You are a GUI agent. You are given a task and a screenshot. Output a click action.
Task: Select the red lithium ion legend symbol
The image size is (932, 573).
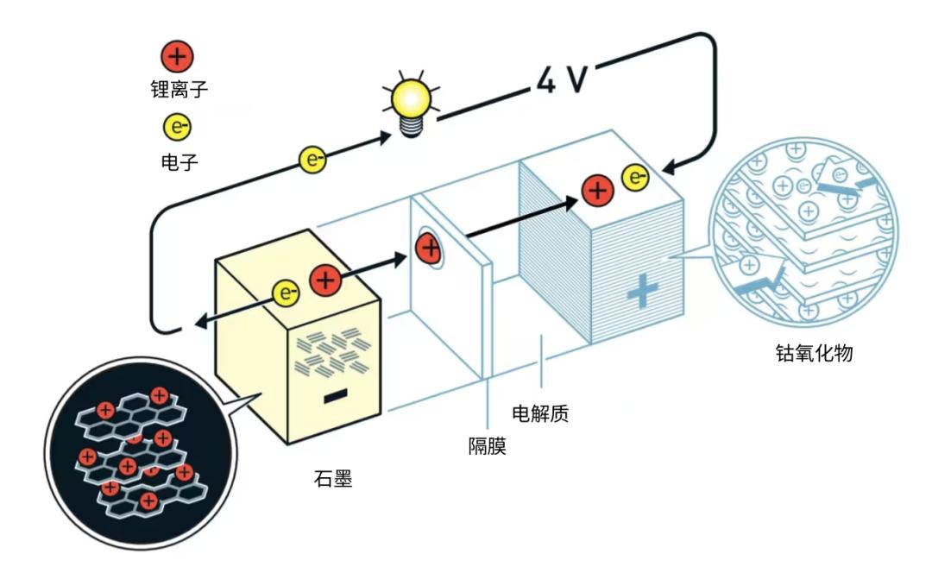(x=179, y=58)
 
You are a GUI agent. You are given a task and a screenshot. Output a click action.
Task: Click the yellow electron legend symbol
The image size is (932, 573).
(x=179, y=128)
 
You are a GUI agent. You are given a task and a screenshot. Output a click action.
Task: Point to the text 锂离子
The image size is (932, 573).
(x=179, y=89)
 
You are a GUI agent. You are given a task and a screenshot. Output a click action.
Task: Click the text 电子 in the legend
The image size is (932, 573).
(x=179, y=159)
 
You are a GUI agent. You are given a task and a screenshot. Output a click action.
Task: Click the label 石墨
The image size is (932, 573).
(x=334, y=479)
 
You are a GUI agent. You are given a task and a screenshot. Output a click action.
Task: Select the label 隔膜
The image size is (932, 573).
(x=487, y=446)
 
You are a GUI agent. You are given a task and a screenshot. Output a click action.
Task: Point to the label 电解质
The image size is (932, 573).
(x=540, y=413)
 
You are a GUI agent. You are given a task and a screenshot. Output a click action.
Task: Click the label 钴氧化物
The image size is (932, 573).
(x=815, y=353)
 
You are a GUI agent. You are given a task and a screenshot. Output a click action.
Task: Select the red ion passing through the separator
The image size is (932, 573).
(x=429, y=249)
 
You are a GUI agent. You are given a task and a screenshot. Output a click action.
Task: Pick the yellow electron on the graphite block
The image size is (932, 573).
(x=286, y=294)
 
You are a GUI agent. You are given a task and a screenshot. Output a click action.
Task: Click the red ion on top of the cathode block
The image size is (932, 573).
(x=596, y=190)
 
